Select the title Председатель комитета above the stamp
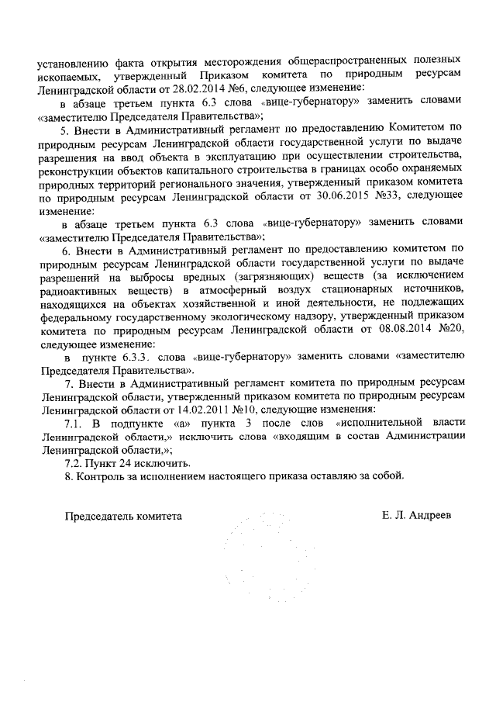[x=123, y=515]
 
